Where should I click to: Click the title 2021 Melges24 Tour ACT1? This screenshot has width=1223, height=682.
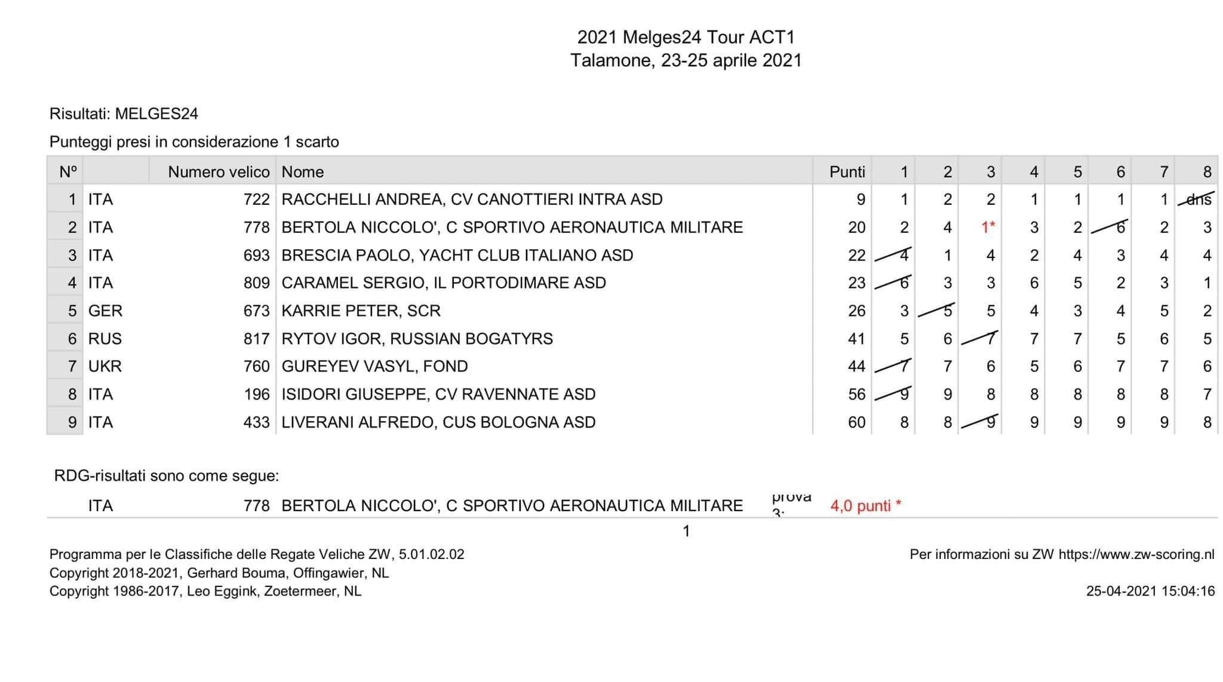coord(686,37)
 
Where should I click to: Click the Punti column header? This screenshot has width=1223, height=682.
coord(847,172)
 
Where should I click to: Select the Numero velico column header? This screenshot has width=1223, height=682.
coord(219,172)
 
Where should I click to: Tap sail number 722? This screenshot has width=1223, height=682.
coord(256,199)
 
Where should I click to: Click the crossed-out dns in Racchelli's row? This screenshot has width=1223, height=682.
coord(1197,199)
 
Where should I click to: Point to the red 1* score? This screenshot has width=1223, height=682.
coord(988,228)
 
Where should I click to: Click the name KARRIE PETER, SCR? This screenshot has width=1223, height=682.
coord(361,311)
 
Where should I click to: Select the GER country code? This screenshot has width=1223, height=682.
coord(105,311)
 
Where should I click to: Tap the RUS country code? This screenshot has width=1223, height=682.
coord(105,339)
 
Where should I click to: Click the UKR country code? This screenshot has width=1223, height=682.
coord(105,367)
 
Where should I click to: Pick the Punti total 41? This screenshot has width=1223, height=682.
coord(856,339)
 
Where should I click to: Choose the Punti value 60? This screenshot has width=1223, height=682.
coord(856,423)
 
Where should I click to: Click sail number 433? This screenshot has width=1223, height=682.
coord(256,423)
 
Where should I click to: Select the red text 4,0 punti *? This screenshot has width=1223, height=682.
coord(865,506)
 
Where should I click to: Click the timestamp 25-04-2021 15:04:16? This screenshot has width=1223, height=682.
coord(1150,591)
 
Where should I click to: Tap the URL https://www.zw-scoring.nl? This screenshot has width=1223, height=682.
coord(1136,554)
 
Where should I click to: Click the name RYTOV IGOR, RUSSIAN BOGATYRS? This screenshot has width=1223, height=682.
coord(417,339)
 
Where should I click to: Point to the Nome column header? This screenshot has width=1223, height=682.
coord(303,172)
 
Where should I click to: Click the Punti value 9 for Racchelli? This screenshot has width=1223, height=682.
coord(861,199)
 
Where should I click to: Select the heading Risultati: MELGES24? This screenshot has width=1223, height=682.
coord(124,114)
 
